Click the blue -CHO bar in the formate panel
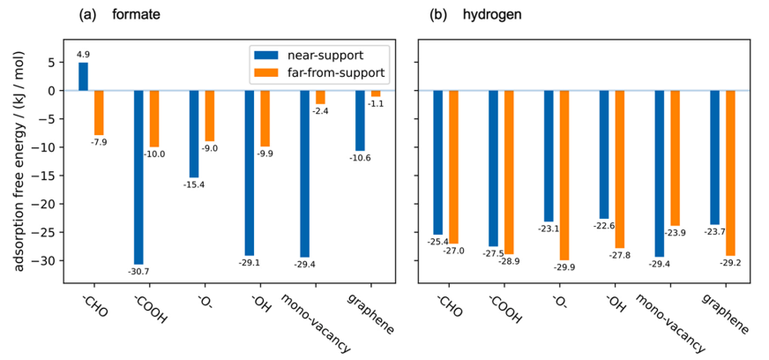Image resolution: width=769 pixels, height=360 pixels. point(84,77)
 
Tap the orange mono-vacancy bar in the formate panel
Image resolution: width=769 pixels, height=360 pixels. point(320,97)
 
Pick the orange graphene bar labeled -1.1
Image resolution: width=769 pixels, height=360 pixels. point(376,94)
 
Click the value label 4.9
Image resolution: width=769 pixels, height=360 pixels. point(84,55)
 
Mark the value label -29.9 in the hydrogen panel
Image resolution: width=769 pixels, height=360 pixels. point(565,267)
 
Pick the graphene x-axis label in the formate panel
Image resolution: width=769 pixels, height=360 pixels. point(365,314)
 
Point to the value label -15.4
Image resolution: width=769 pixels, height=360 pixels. point(194,184)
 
